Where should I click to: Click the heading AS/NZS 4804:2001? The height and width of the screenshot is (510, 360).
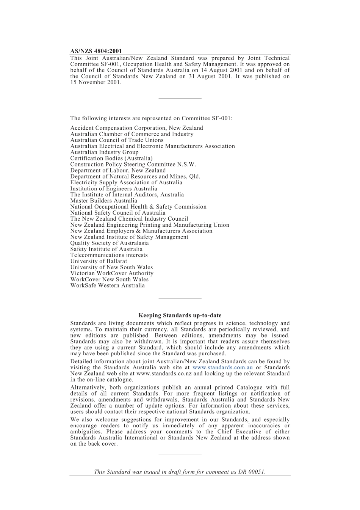[96, 51]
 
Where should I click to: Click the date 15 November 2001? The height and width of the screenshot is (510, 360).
[95, 82]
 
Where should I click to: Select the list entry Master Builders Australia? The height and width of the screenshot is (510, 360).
[103, 201]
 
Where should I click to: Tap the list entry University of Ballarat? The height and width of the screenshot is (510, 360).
[99, 261]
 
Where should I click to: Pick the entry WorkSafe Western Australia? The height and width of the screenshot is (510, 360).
[107, 286]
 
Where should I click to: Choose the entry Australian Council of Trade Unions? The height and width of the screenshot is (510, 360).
[117, 140]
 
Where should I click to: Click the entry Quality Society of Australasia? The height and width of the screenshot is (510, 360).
[109, 243]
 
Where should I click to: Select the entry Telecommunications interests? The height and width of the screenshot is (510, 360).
[109, 255]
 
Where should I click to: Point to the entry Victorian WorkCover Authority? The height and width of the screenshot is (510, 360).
[112, 273]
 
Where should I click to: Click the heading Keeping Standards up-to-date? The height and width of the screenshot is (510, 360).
[180, 315]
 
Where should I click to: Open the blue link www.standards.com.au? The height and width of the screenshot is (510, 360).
[222, 367]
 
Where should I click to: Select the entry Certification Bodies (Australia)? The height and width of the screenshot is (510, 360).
[111, 158]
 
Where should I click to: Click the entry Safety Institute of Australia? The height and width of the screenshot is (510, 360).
[106, 249]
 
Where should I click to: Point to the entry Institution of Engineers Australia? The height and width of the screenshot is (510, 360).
[113, 188]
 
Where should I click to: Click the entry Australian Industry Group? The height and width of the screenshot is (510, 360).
[104, 152]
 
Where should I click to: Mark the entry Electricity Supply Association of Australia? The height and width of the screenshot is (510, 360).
[126, 182]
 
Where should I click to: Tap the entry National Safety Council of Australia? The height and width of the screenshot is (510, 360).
[117, 213]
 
